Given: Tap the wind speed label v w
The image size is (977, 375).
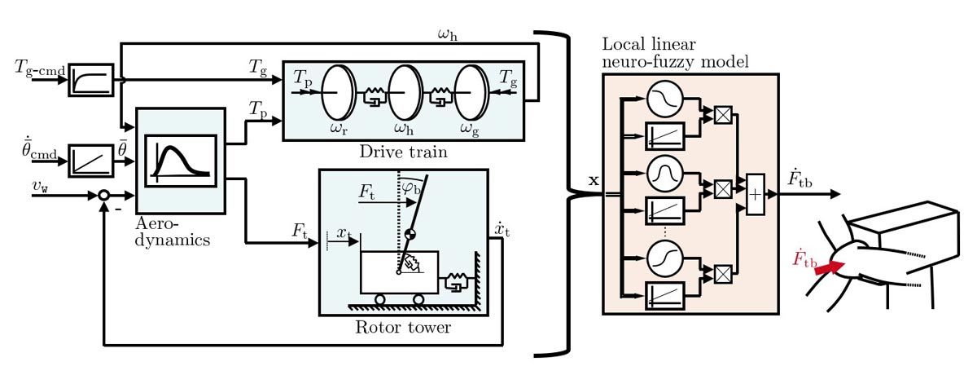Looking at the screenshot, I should (x=38, y=187).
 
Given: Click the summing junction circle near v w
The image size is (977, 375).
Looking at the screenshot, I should (x=103, y=196).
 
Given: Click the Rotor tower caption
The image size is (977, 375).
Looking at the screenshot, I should (x=403, y=328).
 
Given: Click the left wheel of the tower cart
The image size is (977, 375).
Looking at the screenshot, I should (x=379, y=299).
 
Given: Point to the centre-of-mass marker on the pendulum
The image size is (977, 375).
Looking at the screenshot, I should (x=410, y=235).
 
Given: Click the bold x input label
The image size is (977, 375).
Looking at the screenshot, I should (x=593, y=179).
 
